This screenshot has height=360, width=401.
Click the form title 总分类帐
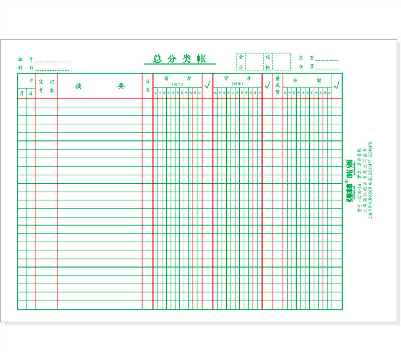click(x=179, y=59)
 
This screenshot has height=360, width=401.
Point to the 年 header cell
click(x=31, y=81)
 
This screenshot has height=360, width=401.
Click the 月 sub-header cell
click(x=22, y=93)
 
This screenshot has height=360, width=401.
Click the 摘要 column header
click(x=100, y=86)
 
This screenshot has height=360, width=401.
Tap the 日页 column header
click(x=148, y=86)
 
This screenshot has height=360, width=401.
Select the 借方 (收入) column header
click(x=177, y=81)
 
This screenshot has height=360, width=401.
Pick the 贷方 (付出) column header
click(x=237, y=81)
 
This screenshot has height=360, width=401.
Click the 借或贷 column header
click(x=277, y=86)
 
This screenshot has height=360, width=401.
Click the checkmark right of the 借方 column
click(x=207, y=85)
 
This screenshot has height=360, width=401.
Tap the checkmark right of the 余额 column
click(x=336, y=85)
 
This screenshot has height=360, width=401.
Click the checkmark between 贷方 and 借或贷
click(x=267, y=85)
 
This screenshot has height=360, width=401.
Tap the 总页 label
click(x=306, y=58)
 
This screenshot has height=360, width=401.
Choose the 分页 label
click(x=306, y=66)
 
